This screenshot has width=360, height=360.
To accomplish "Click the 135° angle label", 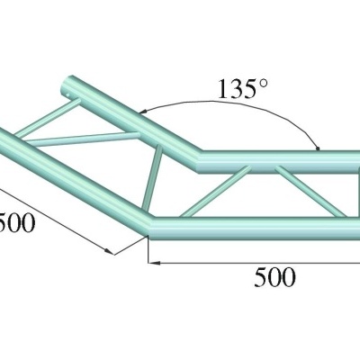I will click(x=242, y=91).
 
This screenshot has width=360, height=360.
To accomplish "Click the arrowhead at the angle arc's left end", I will click(x=144, y=112).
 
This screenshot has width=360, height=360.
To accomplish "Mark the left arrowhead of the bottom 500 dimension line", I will click(x=153, y=262).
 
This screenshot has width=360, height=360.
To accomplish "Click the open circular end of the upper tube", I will click(x=66, y=89).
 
